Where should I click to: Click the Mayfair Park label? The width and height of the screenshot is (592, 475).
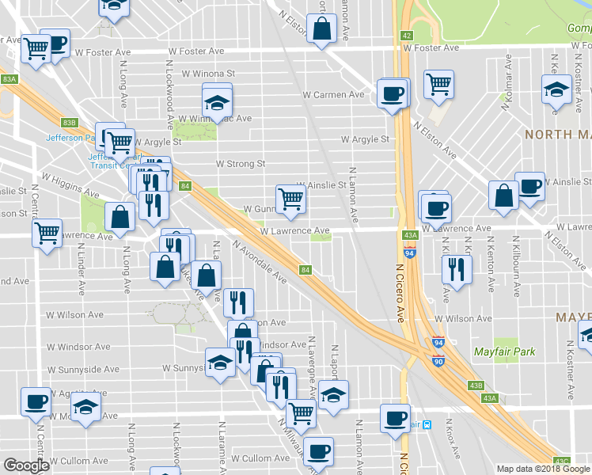[504, 351]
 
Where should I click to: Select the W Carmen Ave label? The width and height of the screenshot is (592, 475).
[333, 94]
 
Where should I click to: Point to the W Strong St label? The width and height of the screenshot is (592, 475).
[241, 164]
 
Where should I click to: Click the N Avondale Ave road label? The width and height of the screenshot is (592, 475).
[260, 262]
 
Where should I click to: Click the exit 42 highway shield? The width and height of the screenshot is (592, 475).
[406, 36]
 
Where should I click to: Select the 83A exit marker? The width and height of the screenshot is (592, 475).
[9, 79]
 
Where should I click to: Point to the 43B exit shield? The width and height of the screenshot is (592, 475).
[475, 386]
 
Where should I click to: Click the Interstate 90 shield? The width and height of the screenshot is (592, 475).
[438, 361]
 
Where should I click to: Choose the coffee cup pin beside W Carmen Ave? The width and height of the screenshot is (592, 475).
[393, 94]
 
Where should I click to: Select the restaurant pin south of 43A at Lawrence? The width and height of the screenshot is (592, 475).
[457, 269]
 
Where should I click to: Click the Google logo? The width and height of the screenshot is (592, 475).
[26, 466]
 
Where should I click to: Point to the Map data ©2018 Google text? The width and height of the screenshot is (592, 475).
[543, 469]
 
